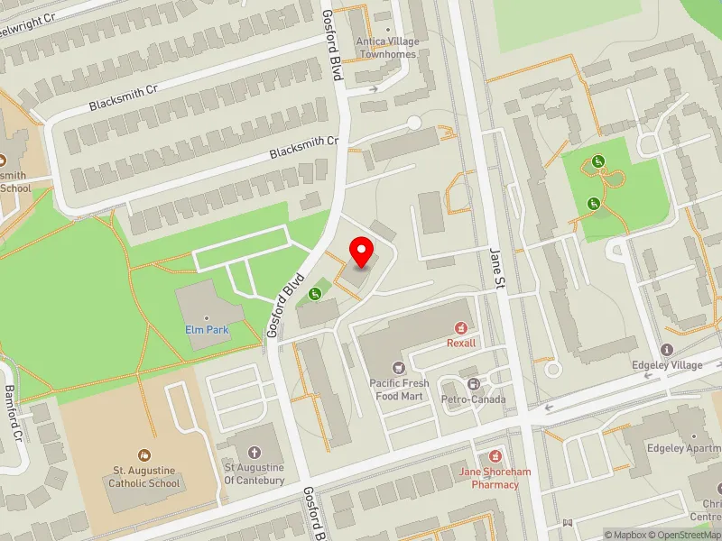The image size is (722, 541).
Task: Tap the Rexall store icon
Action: [x=461, y=327]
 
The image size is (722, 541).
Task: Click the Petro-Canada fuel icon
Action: [x=473, y=384]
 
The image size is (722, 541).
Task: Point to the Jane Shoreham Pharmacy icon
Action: [x=494, y=457]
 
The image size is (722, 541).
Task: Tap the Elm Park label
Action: [x=207, y=330]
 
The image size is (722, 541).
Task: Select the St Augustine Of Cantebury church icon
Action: [x=255, y=453]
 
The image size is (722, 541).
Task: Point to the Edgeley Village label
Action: [x=667, y=366]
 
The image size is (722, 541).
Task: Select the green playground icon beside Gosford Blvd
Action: [x=315, y=293]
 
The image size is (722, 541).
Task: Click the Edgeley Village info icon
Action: [x=667, y=350]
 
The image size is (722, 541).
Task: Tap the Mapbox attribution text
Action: [x=625, y=535]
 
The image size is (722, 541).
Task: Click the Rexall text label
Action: [x=461, y=343]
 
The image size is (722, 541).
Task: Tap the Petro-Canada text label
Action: [x=473, y=399]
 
